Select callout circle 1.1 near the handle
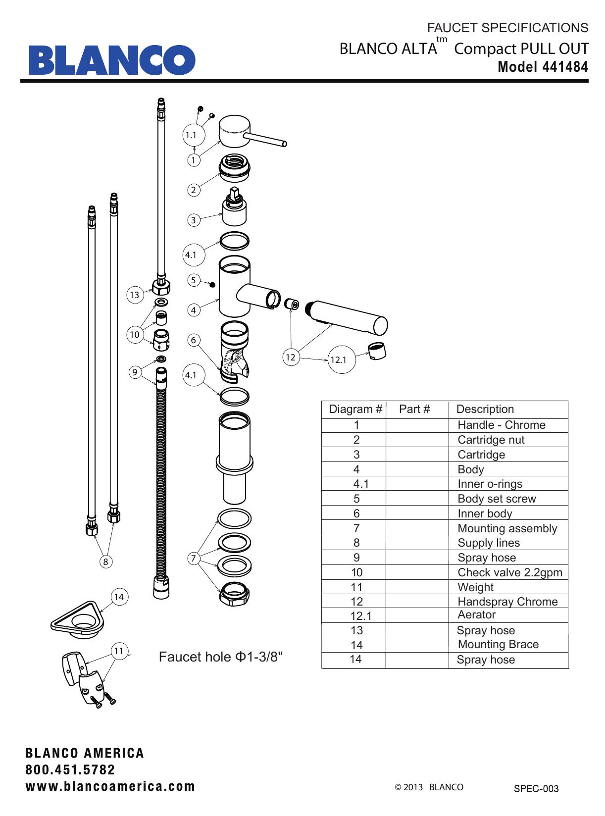point(191,135)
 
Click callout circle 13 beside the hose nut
point(134,295)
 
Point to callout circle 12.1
point(338,360)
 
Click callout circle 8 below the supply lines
point(105,561)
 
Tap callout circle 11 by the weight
point(119,651)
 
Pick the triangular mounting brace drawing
point(79,619)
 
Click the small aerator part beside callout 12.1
point(377,351)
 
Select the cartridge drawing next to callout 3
point(236,208)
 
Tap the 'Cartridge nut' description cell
point(491,440)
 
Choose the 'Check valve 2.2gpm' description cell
point(509,572)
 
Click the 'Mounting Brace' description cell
point(498,644)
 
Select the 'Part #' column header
point(414,409)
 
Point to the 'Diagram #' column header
point(355,409)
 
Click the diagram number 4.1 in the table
point(361,484)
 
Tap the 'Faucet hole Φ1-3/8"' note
point(221,657)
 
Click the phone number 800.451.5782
point(70,770)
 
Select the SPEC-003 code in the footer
point(536,789)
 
